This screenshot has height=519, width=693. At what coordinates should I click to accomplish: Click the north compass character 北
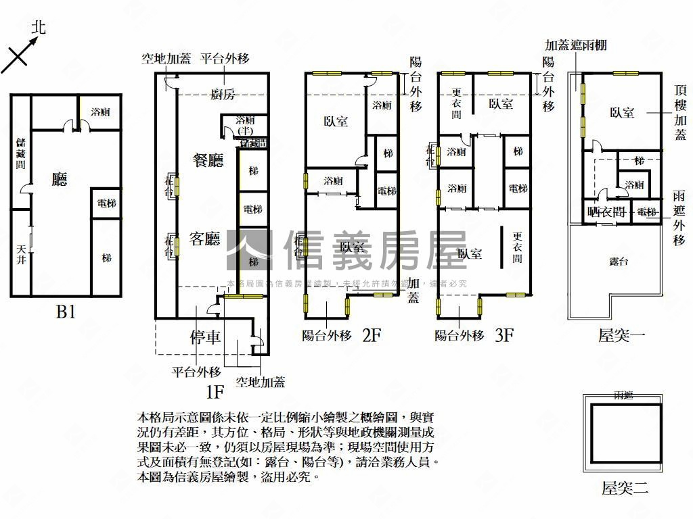coord(39,28)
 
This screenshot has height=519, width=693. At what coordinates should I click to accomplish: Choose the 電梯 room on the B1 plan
coord(106,203)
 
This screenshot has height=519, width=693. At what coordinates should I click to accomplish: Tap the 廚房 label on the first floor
coord(223,95)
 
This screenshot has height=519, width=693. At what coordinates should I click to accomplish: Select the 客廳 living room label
coord(206,239)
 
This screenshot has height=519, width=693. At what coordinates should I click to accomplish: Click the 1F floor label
coord(215,391)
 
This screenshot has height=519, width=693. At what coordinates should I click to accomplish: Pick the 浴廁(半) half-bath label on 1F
coord(246,124)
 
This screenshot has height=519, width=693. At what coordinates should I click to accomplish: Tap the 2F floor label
coord(372,335)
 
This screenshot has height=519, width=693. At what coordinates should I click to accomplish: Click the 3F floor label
coord(505,335)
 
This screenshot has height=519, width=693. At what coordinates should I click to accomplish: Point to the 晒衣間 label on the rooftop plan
coord(606,212)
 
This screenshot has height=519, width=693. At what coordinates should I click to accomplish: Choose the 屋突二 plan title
coord(625,488)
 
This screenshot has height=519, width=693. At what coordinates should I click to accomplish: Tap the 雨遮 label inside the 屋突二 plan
coord(624,395)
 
